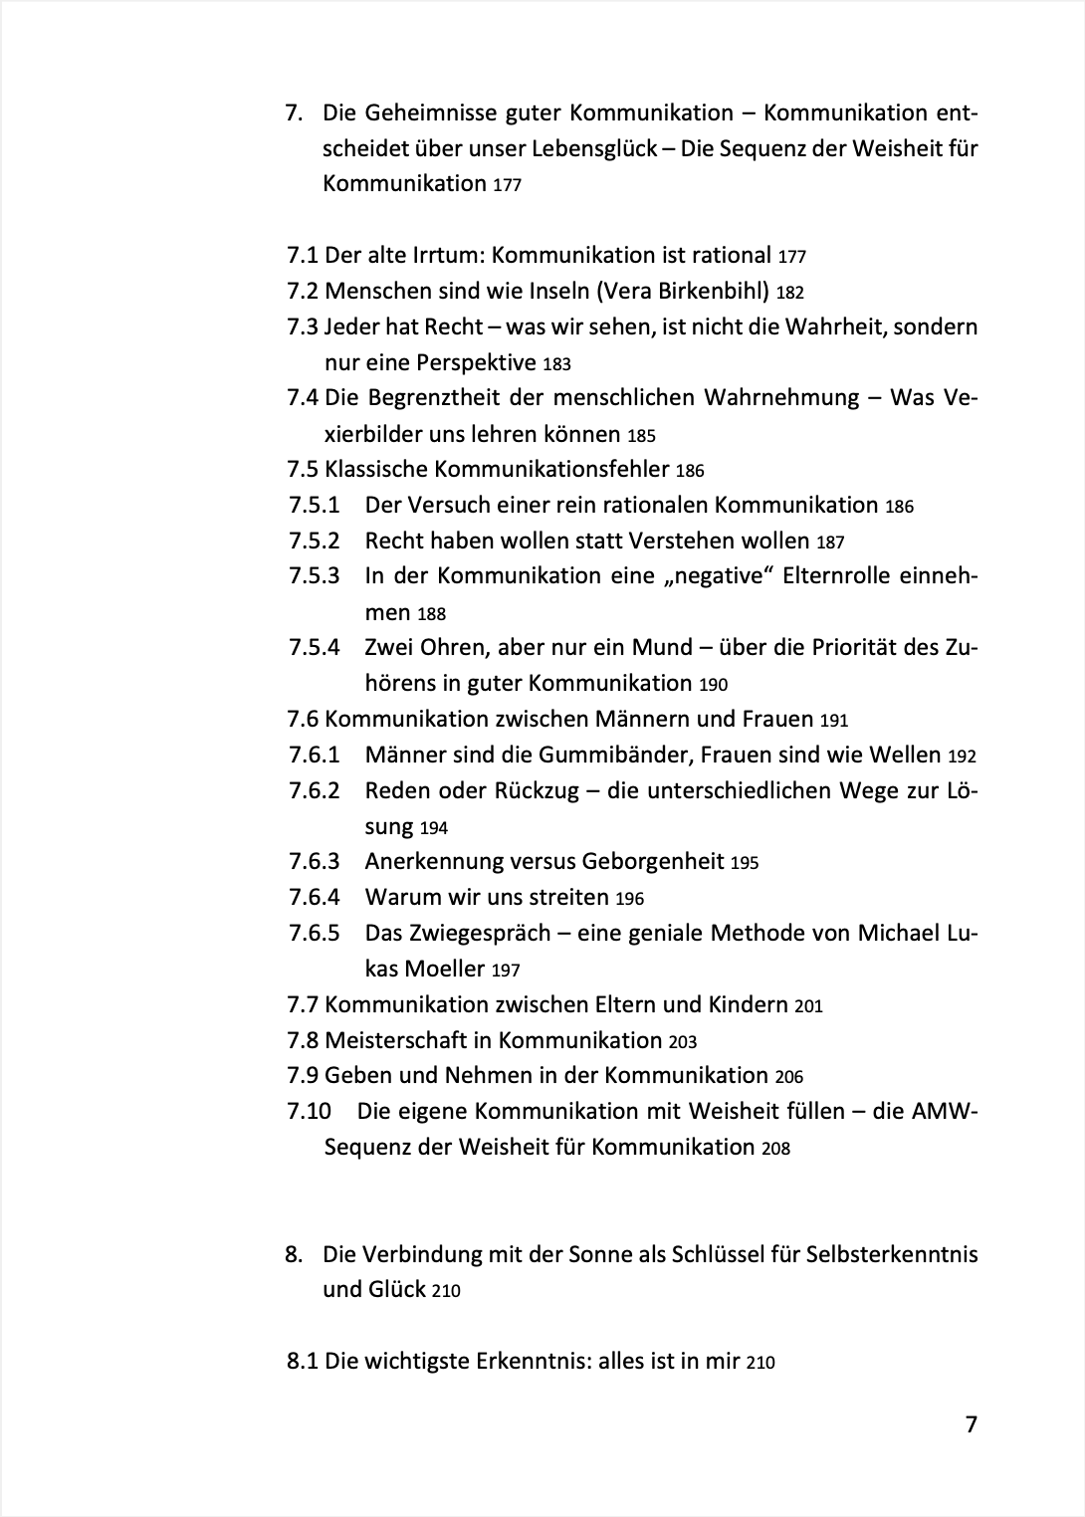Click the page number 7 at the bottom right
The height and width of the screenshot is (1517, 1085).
pos(972,1424)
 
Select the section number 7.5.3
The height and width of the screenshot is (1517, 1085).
pos(315,576)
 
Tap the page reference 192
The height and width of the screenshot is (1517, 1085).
pos(963,757)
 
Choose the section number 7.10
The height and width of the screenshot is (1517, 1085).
pos(309,1111)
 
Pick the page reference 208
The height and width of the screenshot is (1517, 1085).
pos(775,1149)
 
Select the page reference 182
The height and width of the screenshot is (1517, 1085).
pos(789,293)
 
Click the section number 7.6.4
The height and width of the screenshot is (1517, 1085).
pos(315,898)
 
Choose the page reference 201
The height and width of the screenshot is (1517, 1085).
pos(808,1006)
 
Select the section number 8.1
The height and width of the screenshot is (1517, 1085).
pos(303,1362)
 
